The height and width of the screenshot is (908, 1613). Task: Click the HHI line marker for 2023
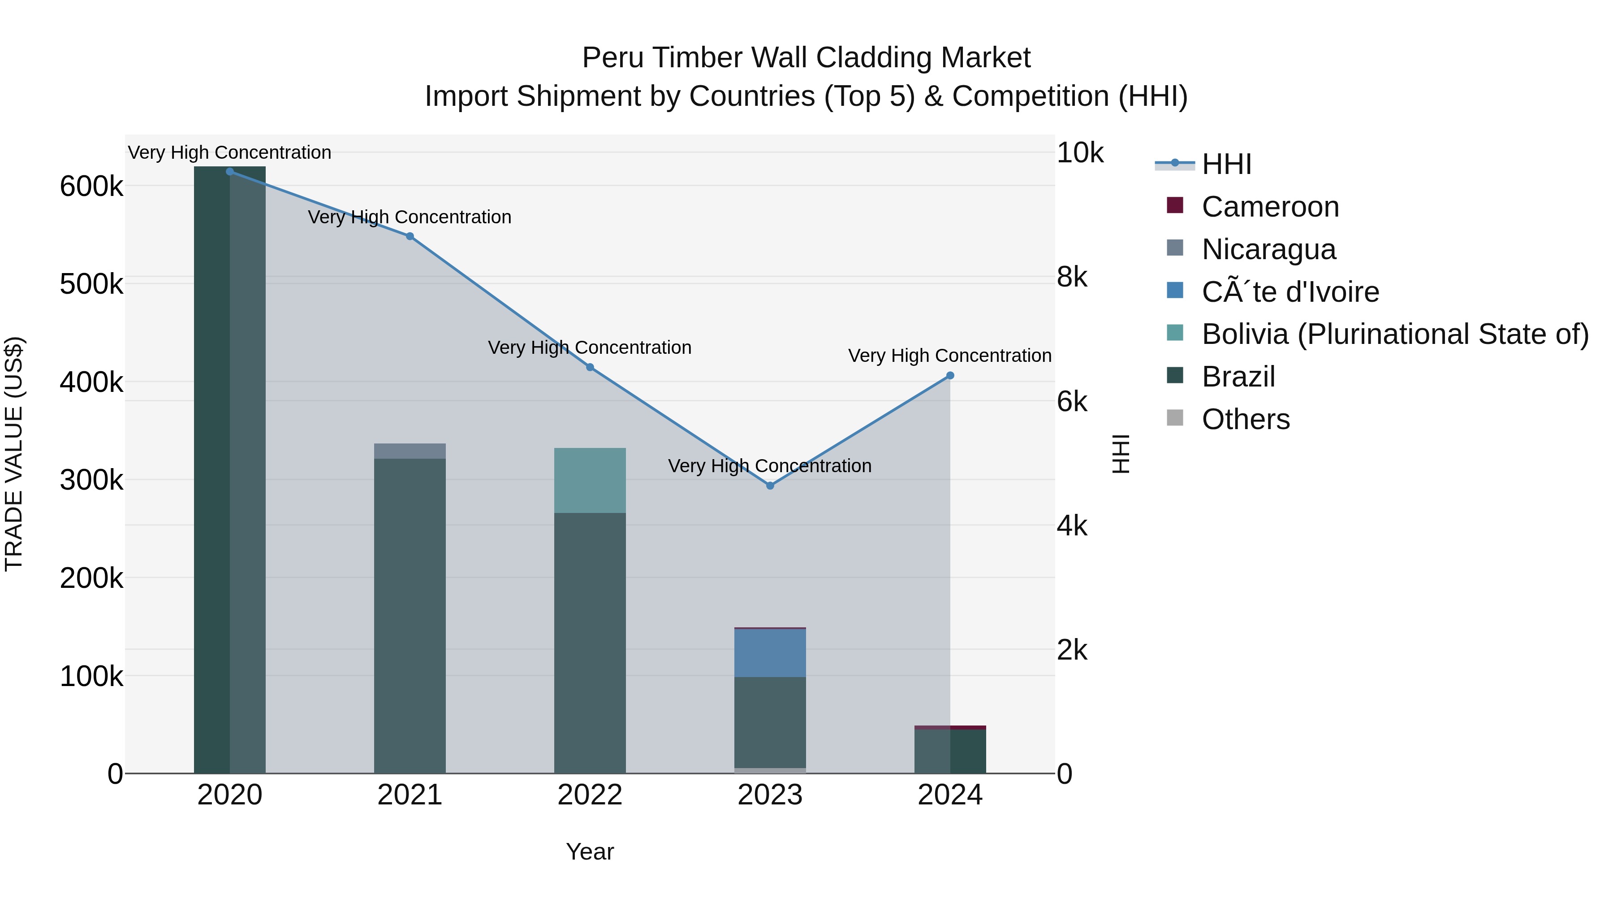click(x=770, y=486)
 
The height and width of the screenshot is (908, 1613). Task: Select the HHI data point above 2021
click(x=410, y=236)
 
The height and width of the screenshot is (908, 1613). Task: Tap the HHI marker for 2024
click(x=950, y=375)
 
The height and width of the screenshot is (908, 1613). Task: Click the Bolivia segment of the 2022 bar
click(x=590, y=480)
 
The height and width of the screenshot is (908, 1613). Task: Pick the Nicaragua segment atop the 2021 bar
click(x=410, y=451)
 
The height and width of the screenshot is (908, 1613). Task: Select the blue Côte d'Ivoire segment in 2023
click(x=770, y=653)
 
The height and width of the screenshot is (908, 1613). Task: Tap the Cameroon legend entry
click(x=1270, y=207)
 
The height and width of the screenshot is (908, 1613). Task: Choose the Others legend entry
click(x=1246, y=419)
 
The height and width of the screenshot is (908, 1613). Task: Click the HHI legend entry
click(x=1226, y=164)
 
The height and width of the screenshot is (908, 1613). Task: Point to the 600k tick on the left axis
click(x=91, y=187)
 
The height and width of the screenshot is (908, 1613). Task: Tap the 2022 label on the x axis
click(x=590, y=795)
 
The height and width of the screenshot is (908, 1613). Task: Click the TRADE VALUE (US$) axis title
click(x=14, y=454)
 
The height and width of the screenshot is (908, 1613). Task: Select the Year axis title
click(x=590, y=852)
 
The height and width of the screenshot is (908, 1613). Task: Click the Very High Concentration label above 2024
click(x=949, y=355)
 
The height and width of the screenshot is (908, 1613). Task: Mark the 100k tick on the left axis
click(x=91, y=677)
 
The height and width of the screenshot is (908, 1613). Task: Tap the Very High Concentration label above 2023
click(x=770, y=465)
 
